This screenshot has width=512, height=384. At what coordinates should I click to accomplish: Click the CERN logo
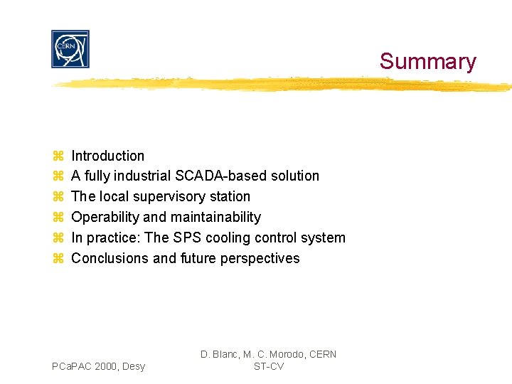pyautogui.click(x=70, y=49)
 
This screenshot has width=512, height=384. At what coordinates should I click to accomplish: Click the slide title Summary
pyautogui.click(x=427, y=61)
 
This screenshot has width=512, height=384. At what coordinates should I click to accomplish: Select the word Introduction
pyautogui.click(x=108, y=156)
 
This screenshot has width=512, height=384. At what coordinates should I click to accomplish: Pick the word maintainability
pyautogui.click(x=220, y=217)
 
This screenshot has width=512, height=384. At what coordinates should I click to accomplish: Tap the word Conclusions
pyautogui.click(x=110, y=258)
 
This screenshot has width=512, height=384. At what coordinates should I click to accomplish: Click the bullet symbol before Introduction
pyautogui.click(x=58, y=156)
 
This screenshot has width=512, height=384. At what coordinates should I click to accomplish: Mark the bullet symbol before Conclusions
pyautogui.click(x=58, y=258)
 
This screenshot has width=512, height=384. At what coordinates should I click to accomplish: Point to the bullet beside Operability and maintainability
pyautogui.click(x=58, y=217)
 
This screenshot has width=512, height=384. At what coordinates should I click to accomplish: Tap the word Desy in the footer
pyautogui.click(x=133, y=366)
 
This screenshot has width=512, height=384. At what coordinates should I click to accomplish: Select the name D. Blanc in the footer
pyautogui.click(x=218, y=354)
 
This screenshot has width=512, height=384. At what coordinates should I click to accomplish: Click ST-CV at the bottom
pyautogui.click(x=269, y=366)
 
